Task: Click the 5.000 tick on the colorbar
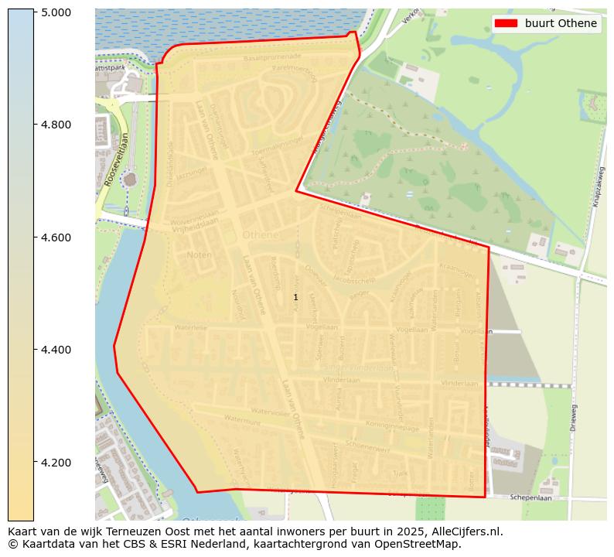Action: pyautogui.click(x=56, y=12)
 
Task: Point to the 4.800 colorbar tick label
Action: pyautogui.click(x=56, y=125)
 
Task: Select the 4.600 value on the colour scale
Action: pyautogui.click(x=56, y=237)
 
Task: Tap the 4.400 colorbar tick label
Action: pyautogui.click(x=56, y=350)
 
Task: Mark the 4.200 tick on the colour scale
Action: pyautogui.click(x=56, y=463)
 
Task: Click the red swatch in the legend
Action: pyautogui.click(x=507, y=23)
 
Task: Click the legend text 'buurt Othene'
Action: pyautogui.click(x=561, y=23)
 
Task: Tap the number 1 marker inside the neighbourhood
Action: pyautogui.click(x=295, y=297)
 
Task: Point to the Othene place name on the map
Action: pyautogui.click(x=259, y=234)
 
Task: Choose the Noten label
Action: pyautogui.click(x=199, y=255)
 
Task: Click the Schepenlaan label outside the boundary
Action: pyautogui.click(x=529, y=498)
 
